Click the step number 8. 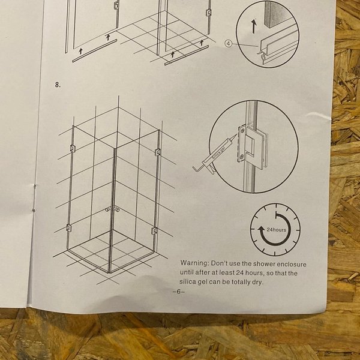click(58, 85)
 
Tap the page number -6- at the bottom click(179, 292)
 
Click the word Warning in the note click(194, 263)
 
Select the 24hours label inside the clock click(277, 230)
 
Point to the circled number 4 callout click(229, 43)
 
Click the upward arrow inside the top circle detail click(253, 26)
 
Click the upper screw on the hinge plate click(242, 131)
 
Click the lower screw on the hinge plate click(242, 157)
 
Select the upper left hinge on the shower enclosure click(73, 148)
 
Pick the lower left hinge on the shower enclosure click(68, 228)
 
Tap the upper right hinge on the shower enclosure click(157, 152)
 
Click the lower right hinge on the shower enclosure click(154, 230)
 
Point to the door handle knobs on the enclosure click(112, 209)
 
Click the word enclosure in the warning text click(292, 264)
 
